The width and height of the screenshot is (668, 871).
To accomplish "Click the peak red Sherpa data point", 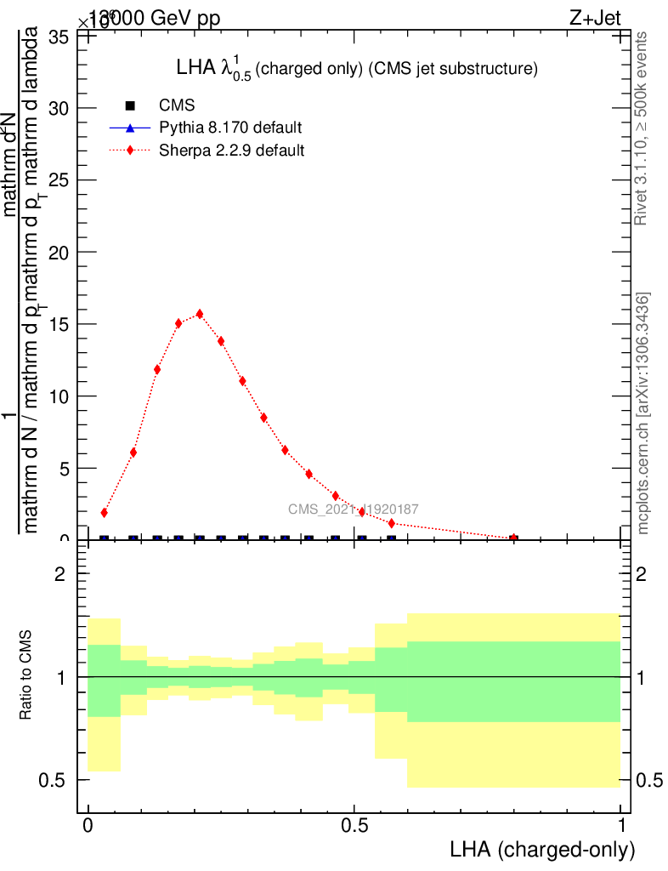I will (200, 313).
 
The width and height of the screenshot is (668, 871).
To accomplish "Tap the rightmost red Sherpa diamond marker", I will (513, 538).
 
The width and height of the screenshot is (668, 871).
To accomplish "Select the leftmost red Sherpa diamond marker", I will (104, 513).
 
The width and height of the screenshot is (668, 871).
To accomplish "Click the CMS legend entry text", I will (177, 105).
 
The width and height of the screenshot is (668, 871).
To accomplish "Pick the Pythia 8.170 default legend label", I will (230, 128).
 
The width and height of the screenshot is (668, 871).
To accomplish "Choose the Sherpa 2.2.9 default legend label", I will (232, 151).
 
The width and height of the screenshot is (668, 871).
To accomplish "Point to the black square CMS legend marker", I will (130, 105).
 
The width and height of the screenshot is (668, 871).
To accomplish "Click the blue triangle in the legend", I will (130, 128).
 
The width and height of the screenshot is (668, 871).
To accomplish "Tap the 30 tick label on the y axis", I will (58, 108).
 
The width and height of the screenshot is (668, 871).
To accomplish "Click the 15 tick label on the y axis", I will (58, 324).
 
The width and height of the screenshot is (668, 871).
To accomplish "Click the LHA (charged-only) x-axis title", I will (542, 850).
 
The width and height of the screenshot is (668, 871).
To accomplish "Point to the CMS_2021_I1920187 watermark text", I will (353, 510).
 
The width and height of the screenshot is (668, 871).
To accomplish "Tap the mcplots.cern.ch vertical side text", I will (643, 414).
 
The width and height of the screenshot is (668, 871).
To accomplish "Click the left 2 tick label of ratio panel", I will (60, 574).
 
